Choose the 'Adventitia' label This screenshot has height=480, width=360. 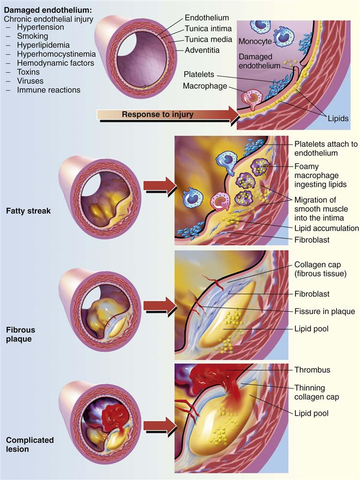[x=203, y=50]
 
